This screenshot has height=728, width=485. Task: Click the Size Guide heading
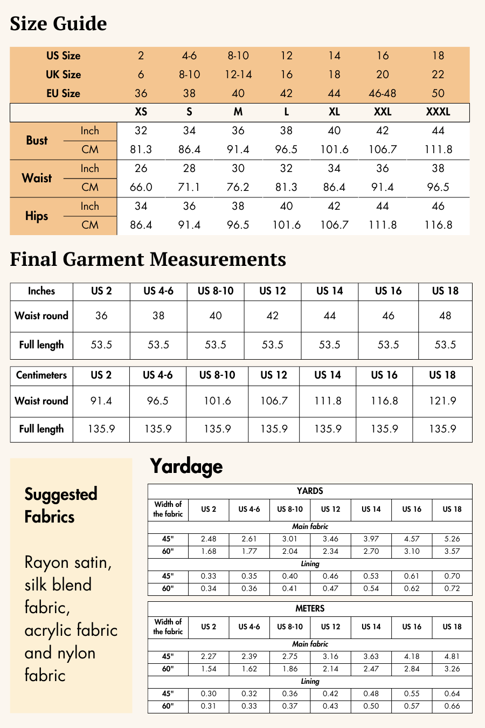(58, 24)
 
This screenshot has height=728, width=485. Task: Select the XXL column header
(383, 112)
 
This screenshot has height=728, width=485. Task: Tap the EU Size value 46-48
(383, 93)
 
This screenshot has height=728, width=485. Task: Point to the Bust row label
(37, 140)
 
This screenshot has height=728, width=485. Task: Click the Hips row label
(37, 216)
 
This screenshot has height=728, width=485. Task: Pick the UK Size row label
(63, 74)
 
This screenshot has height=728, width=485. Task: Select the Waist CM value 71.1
(189, 187)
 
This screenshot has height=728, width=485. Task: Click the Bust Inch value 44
(438, 131)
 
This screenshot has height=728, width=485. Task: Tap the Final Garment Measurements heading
(148, 259)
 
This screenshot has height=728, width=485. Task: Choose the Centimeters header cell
(41, 375)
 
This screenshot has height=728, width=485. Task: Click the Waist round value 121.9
(442, 401)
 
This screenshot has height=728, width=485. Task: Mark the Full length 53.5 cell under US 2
(101, 345)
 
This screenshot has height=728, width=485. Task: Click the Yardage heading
(186, 466)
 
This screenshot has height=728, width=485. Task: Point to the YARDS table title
(310, 491)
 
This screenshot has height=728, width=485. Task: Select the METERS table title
(310, 608)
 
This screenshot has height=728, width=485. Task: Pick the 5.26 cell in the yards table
(452, 539)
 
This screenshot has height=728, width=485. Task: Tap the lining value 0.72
(452, 588)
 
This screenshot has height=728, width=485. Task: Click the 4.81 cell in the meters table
(452, 656)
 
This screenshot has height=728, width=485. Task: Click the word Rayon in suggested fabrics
(47, 562)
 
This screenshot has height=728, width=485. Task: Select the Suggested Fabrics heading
(61, 505)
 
